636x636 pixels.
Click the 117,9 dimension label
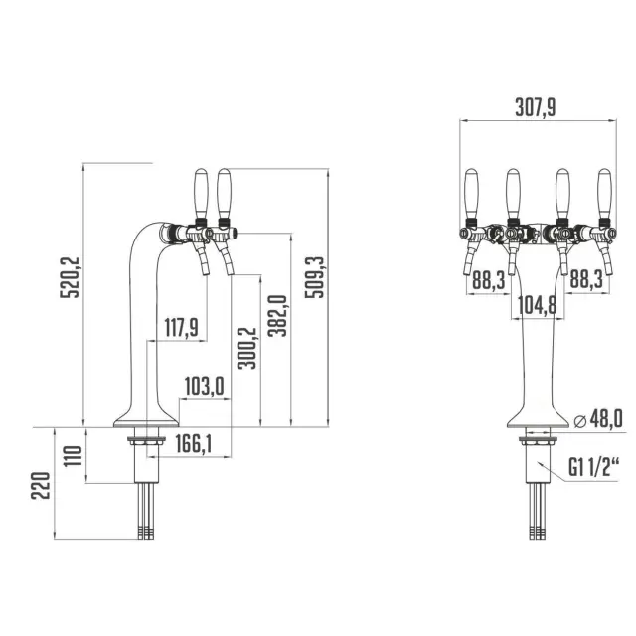pyautogui.click(x=180, y=326)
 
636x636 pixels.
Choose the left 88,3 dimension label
pyautogui.click(x=487, y=282)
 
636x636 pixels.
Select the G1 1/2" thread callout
pyautogui.click(x=588, y=465)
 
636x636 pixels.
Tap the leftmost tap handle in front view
pyautogui.click(x=471, y=190)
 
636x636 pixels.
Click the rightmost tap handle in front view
pyautogui.click(x=604, y=190)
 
